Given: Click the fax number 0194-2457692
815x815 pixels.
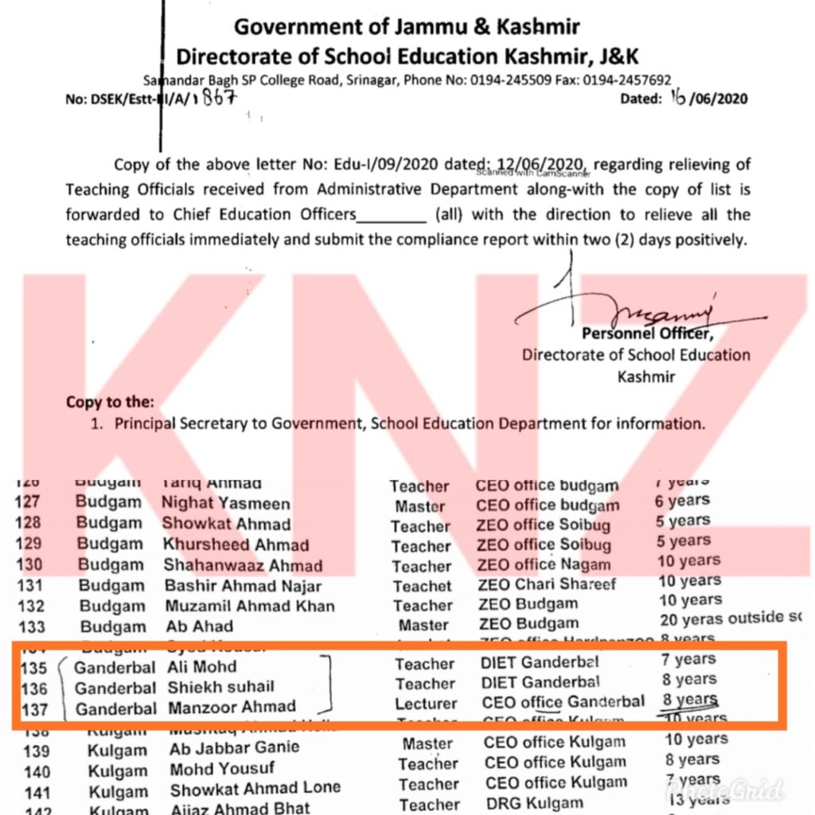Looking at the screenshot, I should [626, 80].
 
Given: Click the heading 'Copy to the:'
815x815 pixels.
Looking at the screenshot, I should [110, 402].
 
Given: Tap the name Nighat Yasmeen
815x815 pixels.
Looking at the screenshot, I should [226, 504].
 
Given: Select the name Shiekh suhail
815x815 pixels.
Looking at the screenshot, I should [220, 687].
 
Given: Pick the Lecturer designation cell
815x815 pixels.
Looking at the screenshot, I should [426, 704].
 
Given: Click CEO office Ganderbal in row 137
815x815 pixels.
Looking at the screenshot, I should [563, 702].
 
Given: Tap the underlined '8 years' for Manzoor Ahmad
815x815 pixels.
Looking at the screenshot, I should [690, 700].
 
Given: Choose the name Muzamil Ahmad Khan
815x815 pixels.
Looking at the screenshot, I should [249, 606].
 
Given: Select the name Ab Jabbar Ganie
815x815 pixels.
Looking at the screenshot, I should [234, 748].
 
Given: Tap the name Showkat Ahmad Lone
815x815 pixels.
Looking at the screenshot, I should [255, 788].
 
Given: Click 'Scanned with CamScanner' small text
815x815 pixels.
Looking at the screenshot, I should [531, 171].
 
